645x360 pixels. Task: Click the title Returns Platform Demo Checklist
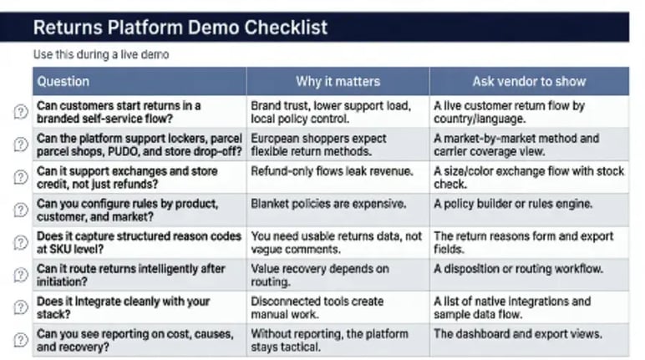(180, 27)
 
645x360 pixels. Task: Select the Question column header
(63, 82)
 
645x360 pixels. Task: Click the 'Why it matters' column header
(338, 82)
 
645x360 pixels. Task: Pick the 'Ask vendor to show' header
(529, 82)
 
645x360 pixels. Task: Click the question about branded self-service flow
(119, 113)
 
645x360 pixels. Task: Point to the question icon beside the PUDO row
(20, 145)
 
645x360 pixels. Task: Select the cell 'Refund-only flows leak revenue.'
(332, 171)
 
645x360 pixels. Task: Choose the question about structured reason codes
(139, 243)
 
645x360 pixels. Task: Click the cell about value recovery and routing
(320, 276)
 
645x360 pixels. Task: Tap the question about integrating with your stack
(124, 307)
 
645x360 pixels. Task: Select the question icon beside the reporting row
(20, 341)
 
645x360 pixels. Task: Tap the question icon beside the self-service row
(20, 113)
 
